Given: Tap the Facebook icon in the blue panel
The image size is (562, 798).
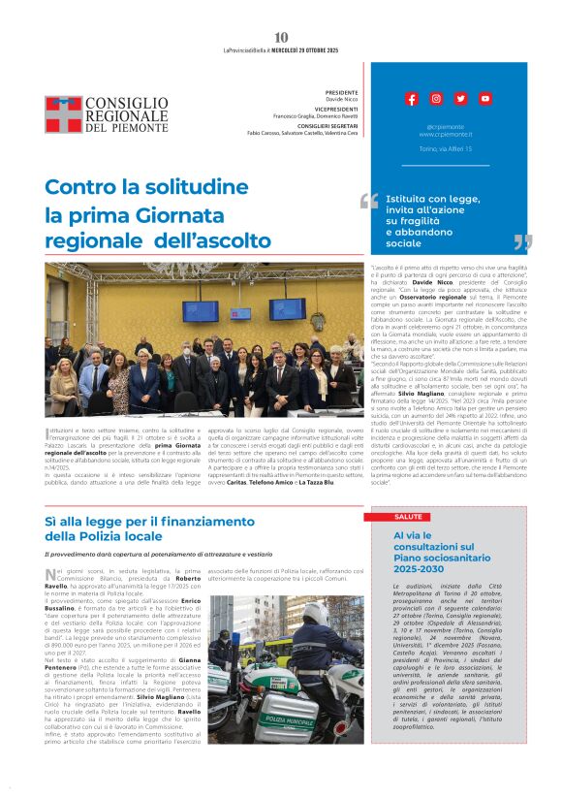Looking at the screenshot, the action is point(412,99).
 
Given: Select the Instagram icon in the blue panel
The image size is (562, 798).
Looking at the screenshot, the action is point(436,99).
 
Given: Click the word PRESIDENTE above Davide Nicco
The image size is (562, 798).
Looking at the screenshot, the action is point(342,91).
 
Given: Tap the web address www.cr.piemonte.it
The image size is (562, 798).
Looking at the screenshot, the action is point(447,135).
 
